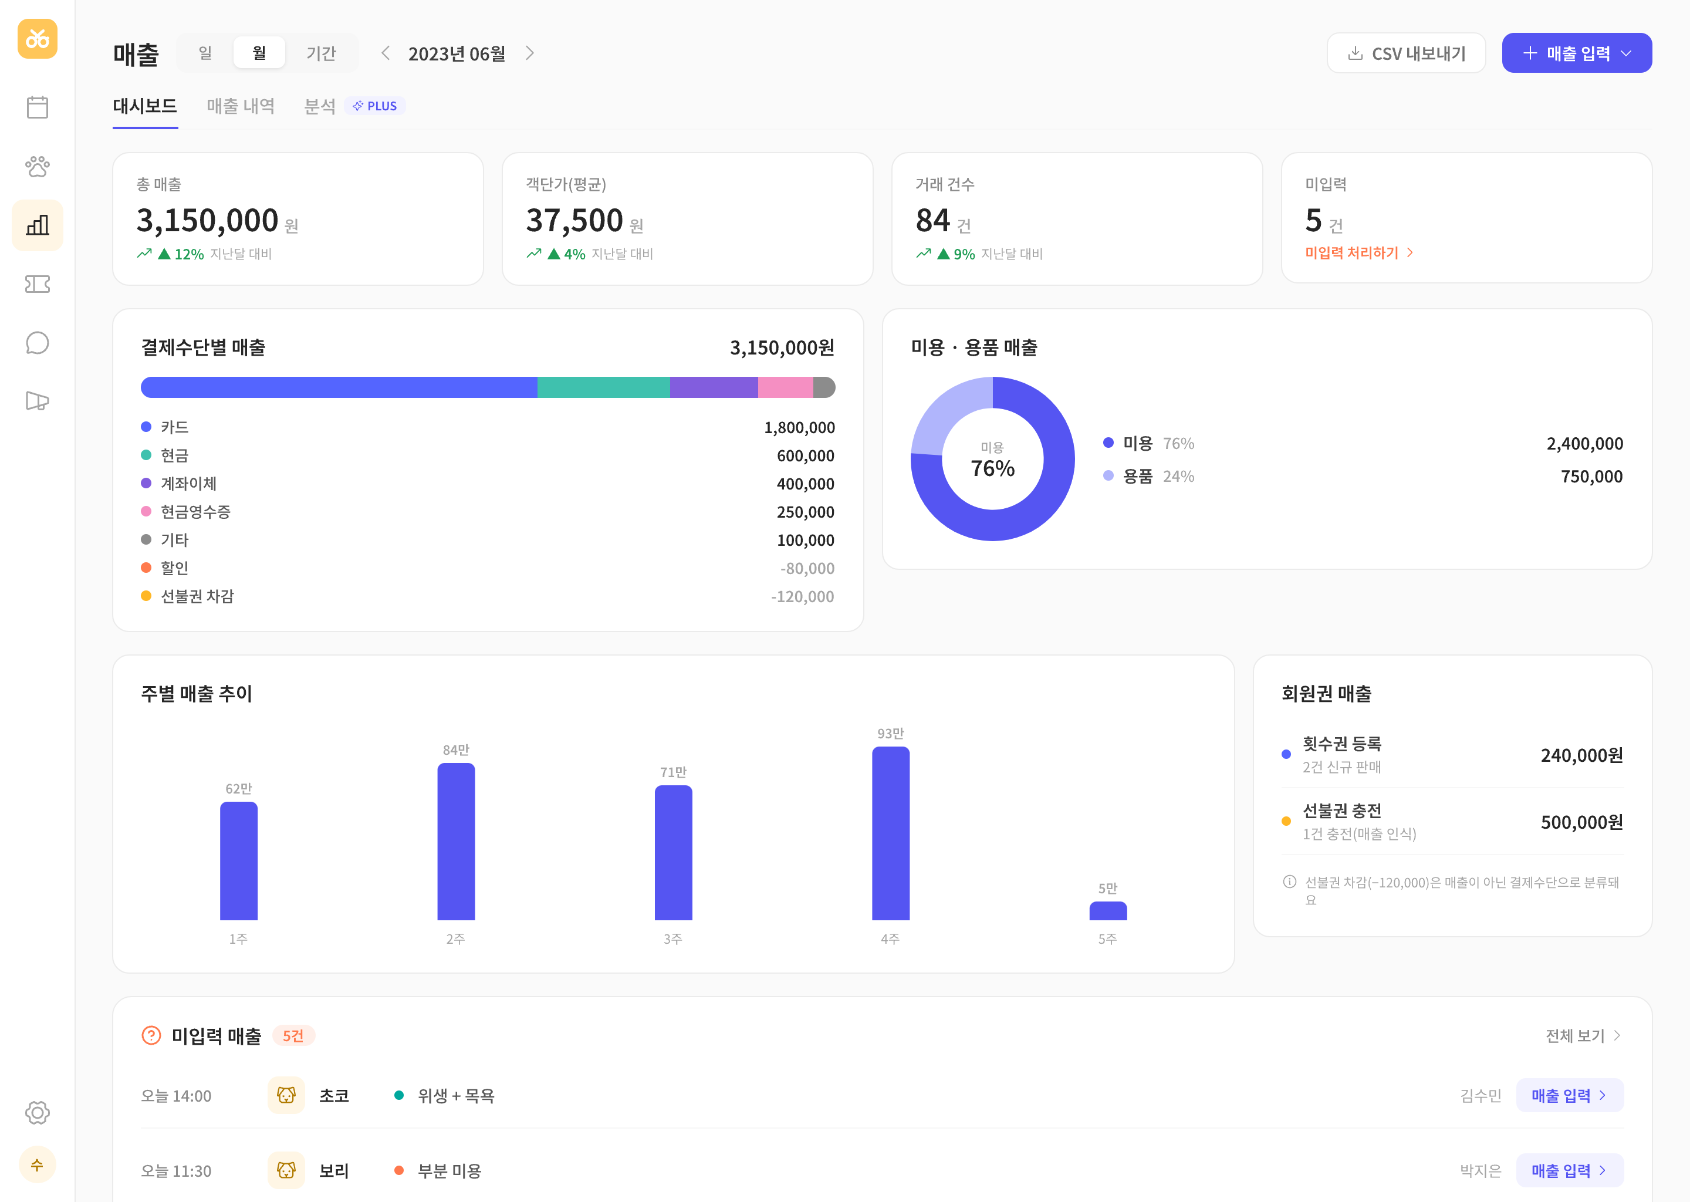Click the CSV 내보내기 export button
(x=1405, y=53)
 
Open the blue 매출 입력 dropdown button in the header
(x=1576, y=53)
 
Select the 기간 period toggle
(x=321, y=53)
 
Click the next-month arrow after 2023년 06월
(x=530, y=53)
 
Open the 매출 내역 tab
(x=241, y=106)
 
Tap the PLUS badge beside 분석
(x=375, y=106)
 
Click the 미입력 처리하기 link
(x=1358, y=253)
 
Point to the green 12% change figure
(x=189, y=254)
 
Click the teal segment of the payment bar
(x=603, y=387)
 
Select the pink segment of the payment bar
(x=785, y=387)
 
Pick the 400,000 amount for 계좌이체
(x=805, y=484)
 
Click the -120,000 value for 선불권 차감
(x=802, y=596)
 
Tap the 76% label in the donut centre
(x=992, y=468)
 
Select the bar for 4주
(x=890, y=833)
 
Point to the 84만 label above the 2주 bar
(x=456, y=749)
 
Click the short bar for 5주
(x=1108, y=910)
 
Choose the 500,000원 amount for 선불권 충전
(x=1581, y=822)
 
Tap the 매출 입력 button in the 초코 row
(x=1569, y=1095)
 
